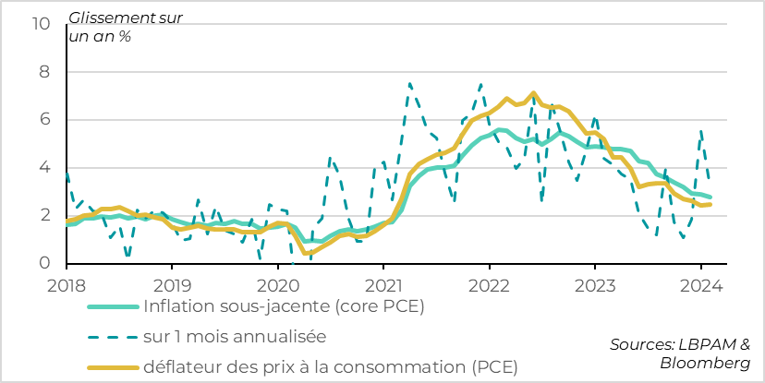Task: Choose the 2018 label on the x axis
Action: coord(67,284)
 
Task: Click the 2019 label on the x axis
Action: coord(172,284)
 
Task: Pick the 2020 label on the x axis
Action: coord(278,284)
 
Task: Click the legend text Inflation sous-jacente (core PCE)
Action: coord(284,307)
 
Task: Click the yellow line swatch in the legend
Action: coord(113,368)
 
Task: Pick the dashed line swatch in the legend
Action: coord(113,338)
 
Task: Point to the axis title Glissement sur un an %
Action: coord(113,28)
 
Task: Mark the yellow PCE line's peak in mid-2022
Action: coord(533,92)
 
